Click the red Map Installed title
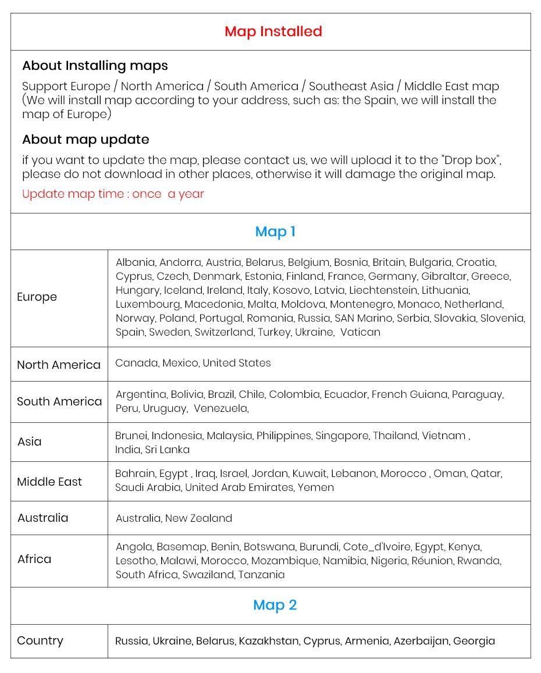click(x=273, y=31)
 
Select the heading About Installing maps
click(x=95, y=66)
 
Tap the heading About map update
click(x=86, y=140)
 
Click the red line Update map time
click(x=113, y=194)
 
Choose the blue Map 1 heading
click(x=275, y=232)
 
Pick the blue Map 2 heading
click(x=275, y=605)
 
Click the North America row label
click(x=59, y=365)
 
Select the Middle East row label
click(x=49, y=482)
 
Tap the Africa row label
click(x=34, y=559)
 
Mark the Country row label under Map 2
click(x=40, y=640)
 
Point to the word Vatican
click(x=360, y=332)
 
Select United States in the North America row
click(x=237, y=363)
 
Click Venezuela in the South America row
click(x=220, y=408)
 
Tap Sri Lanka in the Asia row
click(x=168, y=450)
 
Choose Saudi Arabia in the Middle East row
click(x=148, y=487)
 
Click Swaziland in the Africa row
click(x=208, y=575)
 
